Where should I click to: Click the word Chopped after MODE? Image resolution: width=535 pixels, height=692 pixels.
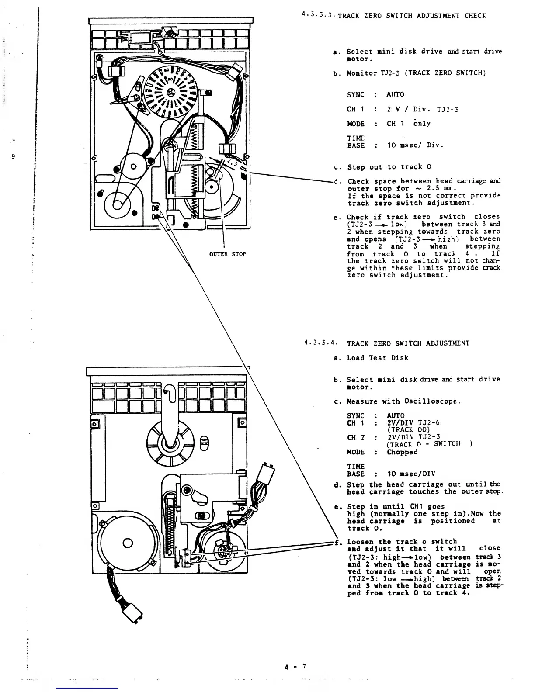tap(402, 452)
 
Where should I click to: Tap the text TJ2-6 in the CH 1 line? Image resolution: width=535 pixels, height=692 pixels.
tap(429, 423)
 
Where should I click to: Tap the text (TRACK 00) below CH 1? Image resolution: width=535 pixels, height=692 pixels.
tap(406, 429)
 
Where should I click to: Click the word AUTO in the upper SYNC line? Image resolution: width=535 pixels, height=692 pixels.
tap(396, 94)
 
